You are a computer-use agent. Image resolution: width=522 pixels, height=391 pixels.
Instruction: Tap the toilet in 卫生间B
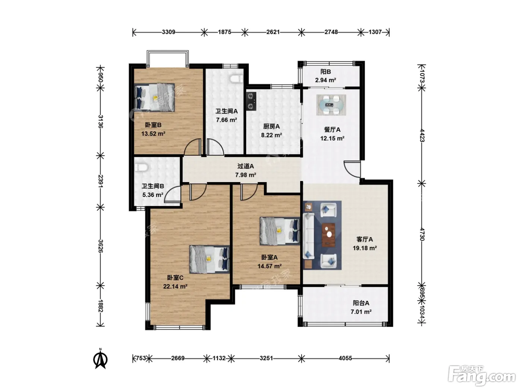[x=141, y=167]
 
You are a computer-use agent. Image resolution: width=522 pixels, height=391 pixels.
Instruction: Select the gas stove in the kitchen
[x=251, y=101]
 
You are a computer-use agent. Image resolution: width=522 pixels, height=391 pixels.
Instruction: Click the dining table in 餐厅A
[x=331, y=105]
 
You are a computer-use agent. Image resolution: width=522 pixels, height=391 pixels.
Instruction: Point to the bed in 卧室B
[x=155, y=97]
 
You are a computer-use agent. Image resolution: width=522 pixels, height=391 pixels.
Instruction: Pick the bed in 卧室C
[x=210, y=259]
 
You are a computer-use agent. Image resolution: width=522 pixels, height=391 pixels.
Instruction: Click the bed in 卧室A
[x=280, y=231]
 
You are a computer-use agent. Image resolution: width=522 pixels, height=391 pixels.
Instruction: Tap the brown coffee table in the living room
[x=328, y=235]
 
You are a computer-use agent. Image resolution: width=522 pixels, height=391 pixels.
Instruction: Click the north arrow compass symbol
[x=100, y=359]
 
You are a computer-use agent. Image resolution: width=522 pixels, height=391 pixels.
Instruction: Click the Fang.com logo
[x=482, y=376]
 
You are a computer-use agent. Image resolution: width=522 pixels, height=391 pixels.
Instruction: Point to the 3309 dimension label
[x=169, y=32]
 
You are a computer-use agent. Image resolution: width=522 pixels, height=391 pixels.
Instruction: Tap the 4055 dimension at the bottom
[x=345, y=358]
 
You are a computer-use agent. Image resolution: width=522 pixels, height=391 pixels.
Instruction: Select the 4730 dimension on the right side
[x=422, y=234]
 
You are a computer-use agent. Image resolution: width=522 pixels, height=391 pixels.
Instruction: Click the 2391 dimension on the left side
[x=101, y=181]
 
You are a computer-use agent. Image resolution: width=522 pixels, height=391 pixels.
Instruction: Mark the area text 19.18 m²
[x=365, y=248]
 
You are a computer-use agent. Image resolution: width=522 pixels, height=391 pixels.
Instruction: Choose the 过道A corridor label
[x=245, y=166]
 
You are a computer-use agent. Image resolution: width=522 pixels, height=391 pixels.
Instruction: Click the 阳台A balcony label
[x=361, y=303]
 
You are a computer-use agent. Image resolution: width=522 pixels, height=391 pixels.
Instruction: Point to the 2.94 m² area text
[x=326, y=80]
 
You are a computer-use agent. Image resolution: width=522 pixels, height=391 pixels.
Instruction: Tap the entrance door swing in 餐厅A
[x=352, y=169]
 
